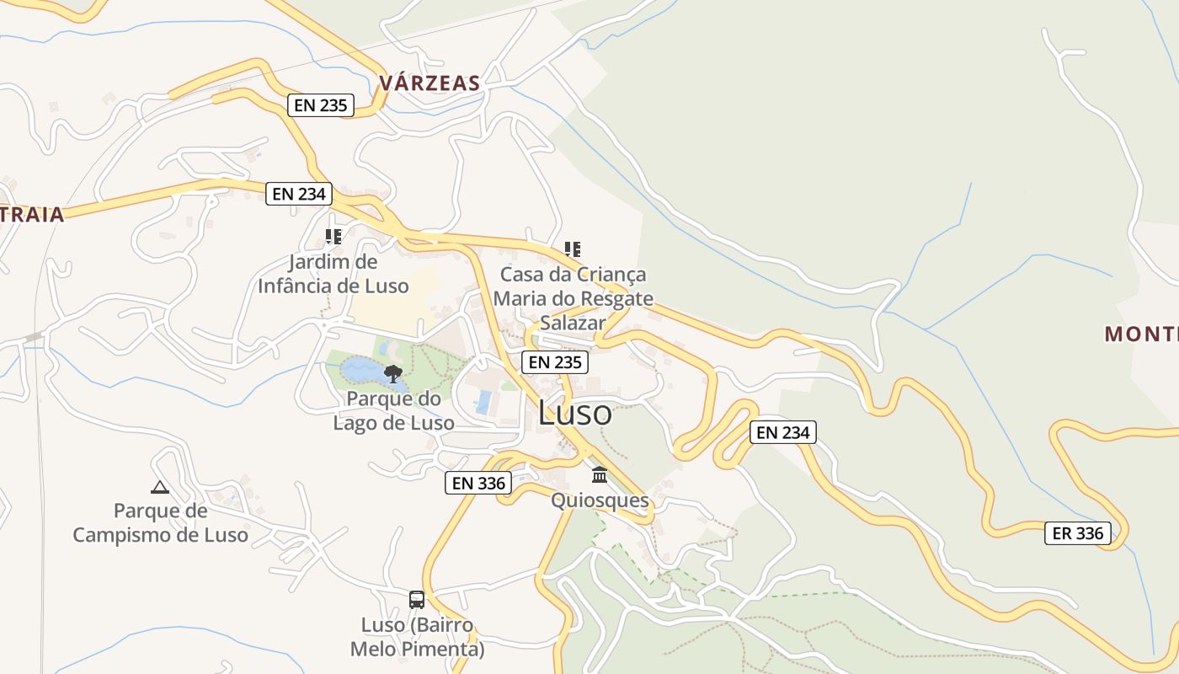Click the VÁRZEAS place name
click(429, 83)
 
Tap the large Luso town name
click(574, 413)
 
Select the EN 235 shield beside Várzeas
click(321, 105)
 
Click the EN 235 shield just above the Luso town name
click(554, 362)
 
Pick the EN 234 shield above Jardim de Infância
click(299, 193)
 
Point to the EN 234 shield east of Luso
click(782, 432)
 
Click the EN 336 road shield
click(478, 483)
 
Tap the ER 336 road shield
click(1078, 533)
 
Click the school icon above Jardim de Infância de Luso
click(333, 237)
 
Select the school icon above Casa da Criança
click(573, 249)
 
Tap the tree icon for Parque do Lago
click(392, 373)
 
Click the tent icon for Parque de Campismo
click(160, 486)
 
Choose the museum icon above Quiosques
click(600, 475)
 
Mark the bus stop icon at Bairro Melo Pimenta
click(417, 600)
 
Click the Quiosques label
click(600, 501)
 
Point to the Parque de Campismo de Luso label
click(160, 522)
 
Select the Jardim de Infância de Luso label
click(333, 274)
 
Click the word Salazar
click(573, 323)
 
